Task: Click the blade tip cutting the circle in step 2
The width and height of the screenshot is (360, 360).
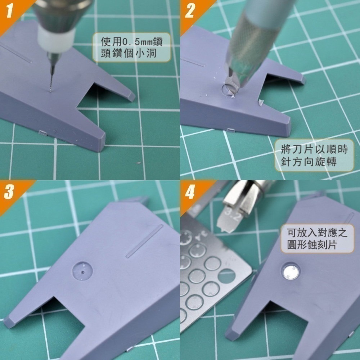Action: click(x=232, y=94)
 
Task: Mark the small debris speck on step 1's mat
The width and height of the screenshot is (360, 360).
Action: click(x=138, y=164)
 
